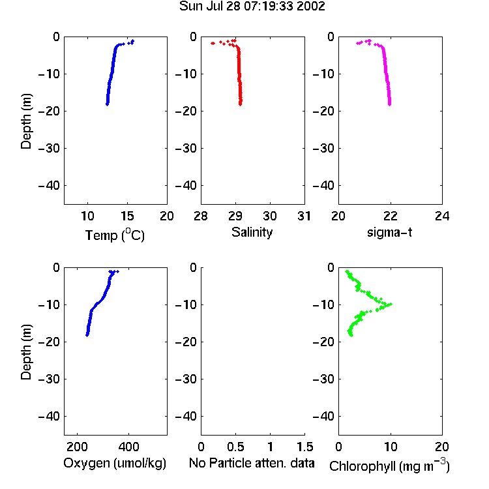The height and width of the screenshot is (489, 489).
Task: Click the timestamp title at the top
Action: pyautogui.click(x=252, y=6)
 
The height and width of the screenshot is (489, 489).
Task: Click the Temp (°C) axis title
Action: pyautogui.click(x=115, y=235)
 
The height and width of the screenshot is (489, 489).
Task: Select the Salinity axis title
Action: pyautogui.click(x=252, y=232)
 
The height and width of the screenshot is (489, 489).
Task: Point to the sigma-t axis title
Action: pyautogui.click(x=389, y=232)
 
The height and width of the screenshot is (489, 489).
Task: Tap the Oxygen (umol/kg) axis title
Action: pyautogui.click(x=115, y=463)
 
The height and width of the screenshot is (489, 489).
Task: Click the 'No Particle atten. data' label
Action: pyautogui.click(x=252, y=463)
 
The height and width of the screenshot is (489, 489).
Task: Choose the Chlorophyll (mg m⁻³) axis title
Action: pyautogui.click(x=389, y=466)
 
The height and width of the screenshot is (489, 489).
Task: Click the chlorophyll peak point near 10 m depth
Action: pyautogui.click(x=390, y=304)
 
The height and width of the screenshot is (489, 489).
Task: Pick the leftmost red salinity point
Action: pyautogui.click(x=213, y=43)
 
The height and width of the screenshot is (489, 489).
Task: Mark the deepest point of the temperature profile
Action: pyautogui.click(x=108, y=104)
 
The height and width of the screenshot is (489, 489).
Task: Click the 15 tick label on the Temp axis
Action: pyautogui.click(x=127, y=216)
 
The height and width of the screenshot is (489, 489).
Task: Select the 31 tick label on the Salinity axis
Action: pyautogui.click(x=304, y=216)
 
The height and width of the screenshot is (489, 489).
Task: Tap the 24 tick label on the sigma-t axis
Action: pyautogui.click(x=442, y=216)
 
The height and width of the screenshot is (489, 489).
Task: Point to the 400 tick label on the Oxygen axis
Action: pyautogui.click(x=128, y=447)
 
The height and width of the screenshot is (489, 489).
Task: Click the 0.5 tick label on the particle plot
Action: pyautogui.click(x=235, y=447)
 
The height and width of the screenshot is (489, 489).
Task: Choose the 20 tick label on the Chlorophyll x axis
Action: pyautogui.click(x=442, y=447)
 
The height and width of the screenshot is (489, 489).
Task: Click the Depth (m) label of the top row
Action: pyautogui.click(x=26, y=121)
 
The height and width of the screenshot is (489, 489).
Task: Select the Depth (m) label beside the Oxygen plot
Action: pyautogui.click(x=26, y=352)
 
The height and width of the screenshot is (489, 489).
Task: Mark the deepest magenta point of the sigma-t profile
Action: pyautogui.click(x=389, y=104)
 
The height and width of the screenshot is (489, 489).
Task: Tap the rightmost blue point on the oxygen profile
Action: pyautogui.click(x=117, y=272)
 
